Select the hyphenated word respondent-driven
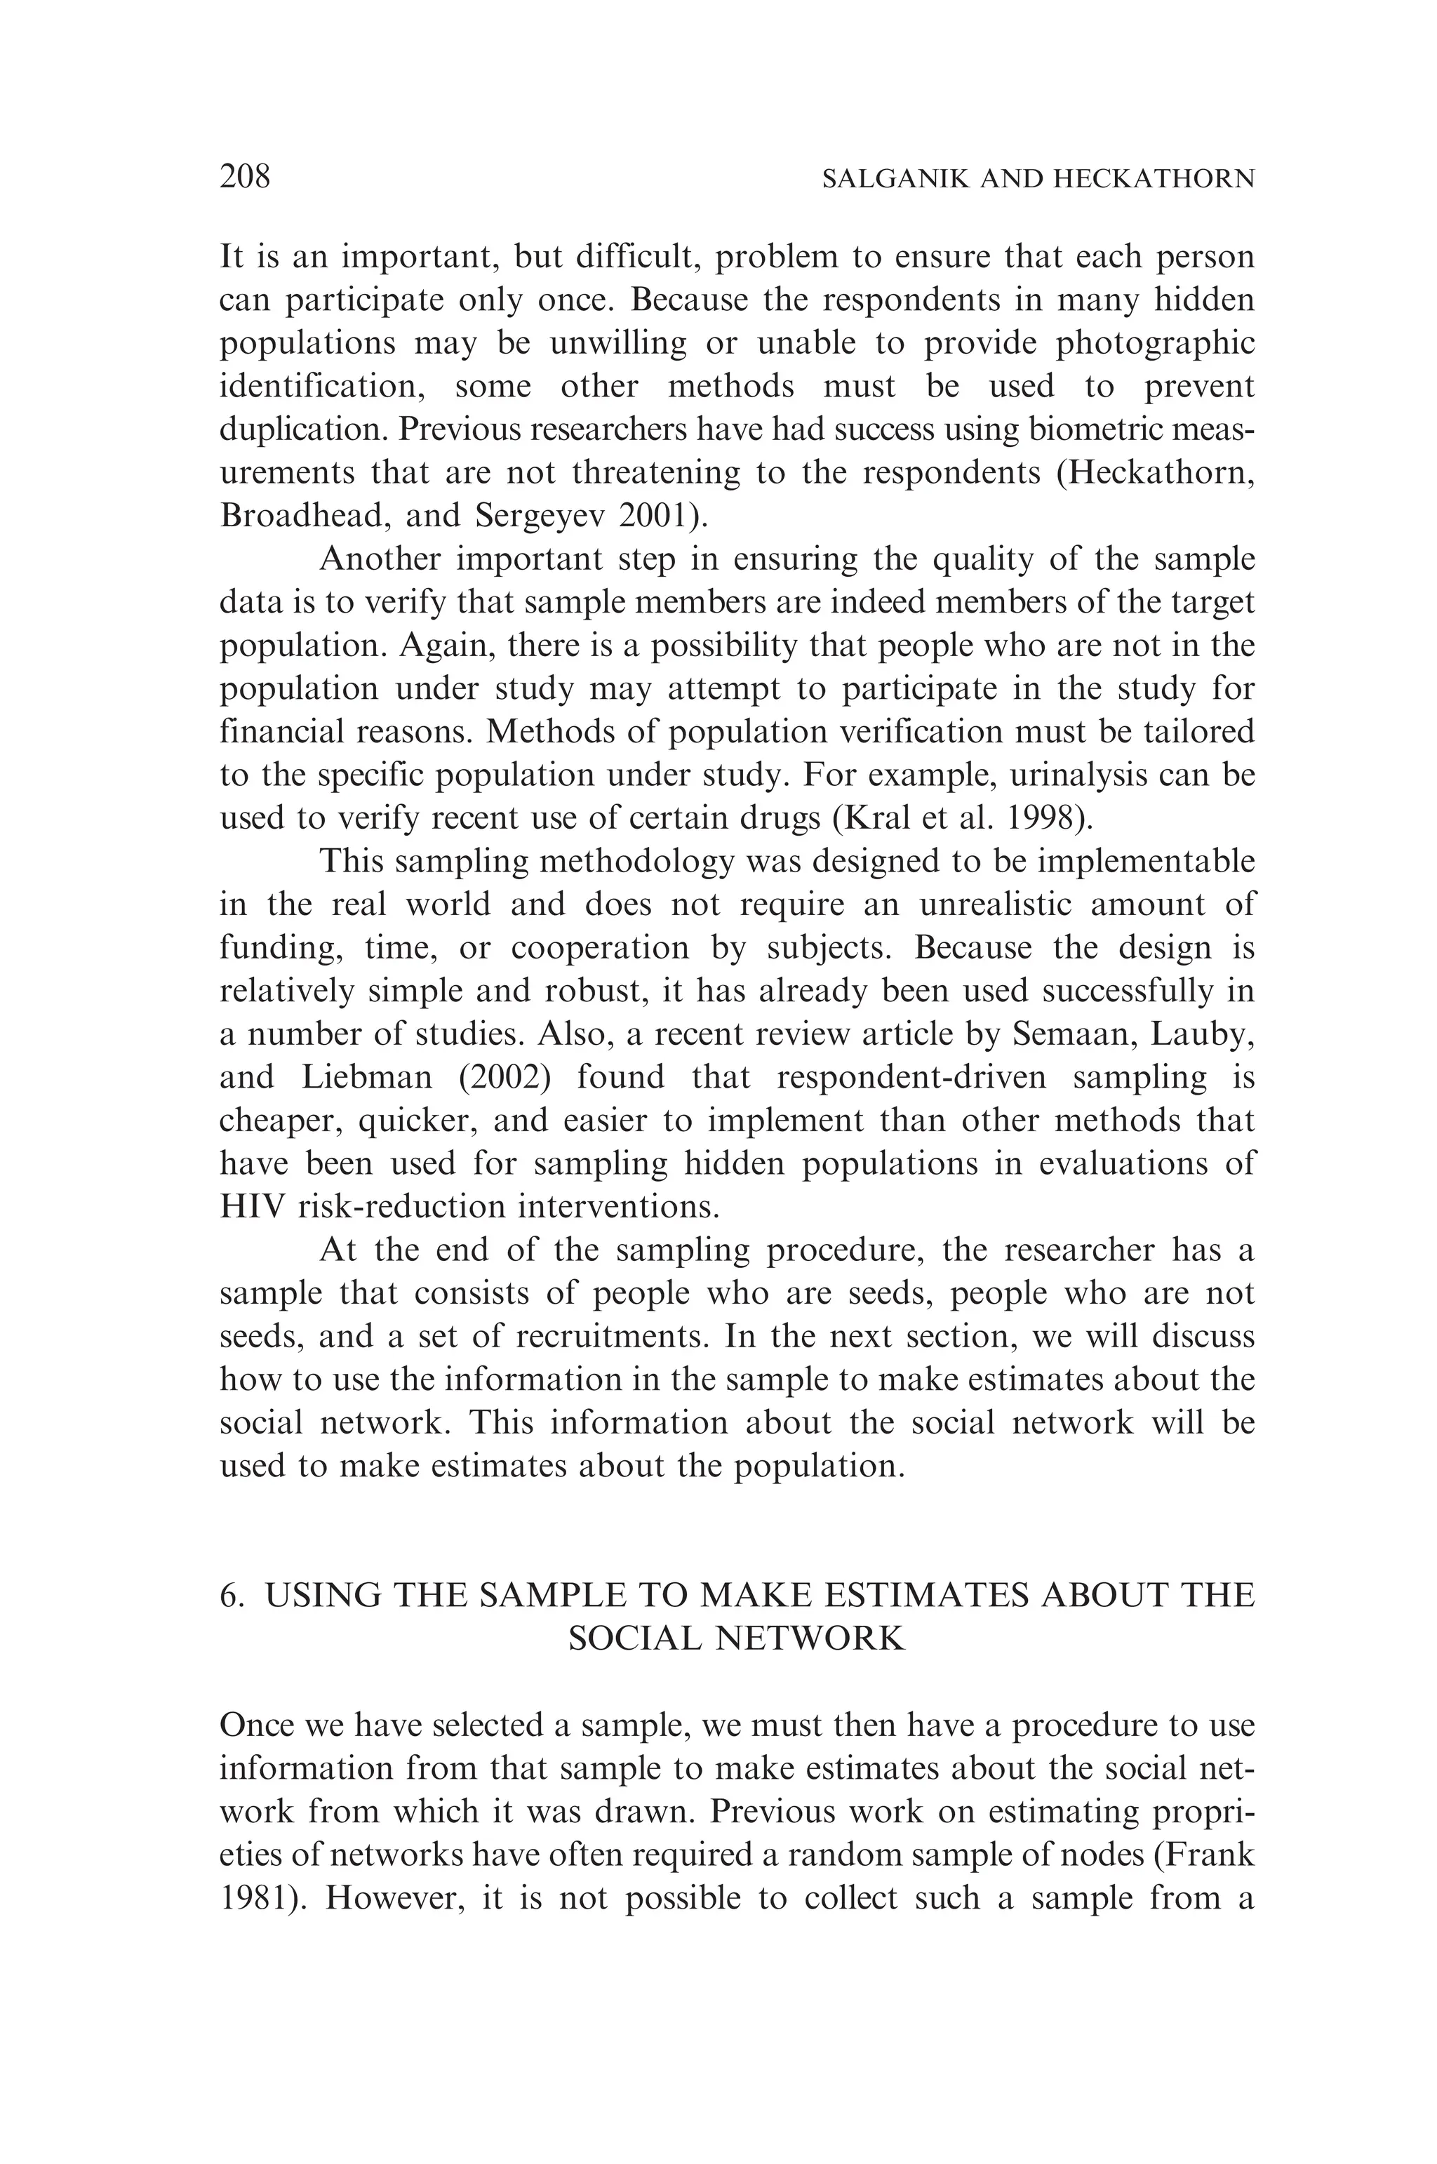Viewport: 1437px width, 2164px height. tap(911, 1077)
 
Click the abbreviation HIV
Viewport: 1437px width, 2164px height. tap(253, 1206)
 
